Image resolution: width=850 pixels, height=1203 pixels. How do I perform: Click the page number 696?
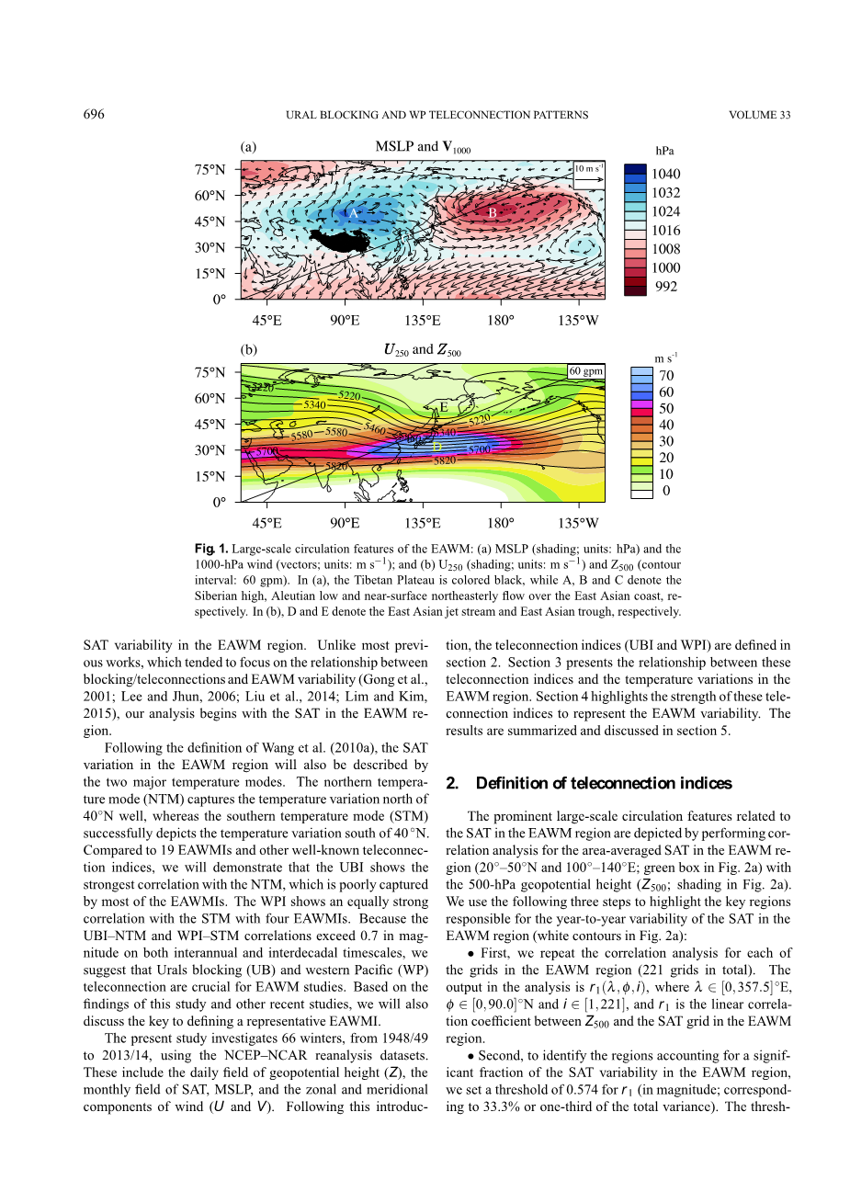pos(94,115)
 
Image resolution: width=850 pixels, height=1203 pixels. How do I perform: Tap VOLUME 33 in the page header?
pos(759,115)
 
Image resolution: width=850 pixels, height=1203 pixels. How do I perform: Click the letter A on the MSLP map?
pos(353,213)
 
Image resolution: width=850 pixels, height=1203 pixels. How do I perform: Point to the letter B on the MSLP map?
pos(493,212)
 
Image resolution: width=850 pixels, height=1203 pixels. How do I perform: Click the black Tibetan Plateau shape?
pos(342,241)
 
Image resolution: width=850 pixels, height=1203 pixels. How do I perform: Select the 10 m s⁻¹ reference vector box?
pos(589,175)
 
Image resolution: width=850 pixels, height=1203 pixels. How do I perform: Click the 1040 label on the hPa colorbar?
pos(666,174)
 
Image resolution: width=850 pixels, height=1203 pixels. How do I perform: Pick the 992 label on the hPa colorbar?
pos(666,287)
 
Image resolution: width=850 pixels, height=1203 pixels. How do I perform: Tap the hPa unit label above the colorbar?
pos(664,151)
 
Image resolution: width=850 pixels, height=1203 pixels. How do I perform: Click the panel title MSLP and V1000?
pos(423,147)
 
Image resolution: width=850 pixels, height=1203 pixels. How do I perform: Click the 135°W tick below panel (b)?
pos(578,523)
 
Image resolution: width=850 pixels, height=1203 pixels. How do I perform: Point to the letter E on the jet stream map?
pos(443,407)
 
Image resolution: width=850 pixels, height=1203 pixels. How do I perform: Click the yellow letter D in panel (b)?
pos(437,447)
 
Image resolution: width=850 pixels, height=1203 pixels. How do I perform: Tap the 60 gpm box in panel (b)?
pos(586,371)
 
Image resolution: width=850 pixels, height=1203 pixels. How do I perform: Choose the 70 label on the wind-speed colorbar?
pos(666,375)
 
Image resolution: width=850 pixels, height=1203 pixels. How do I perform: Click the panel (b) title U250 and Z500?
pos(422,350)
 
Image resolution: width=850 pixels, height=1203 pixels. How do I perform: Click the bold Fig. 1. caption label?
pos(210,549)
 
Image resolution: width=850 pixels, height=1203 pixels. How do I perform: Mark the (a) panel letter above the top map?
pos(248,147)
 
